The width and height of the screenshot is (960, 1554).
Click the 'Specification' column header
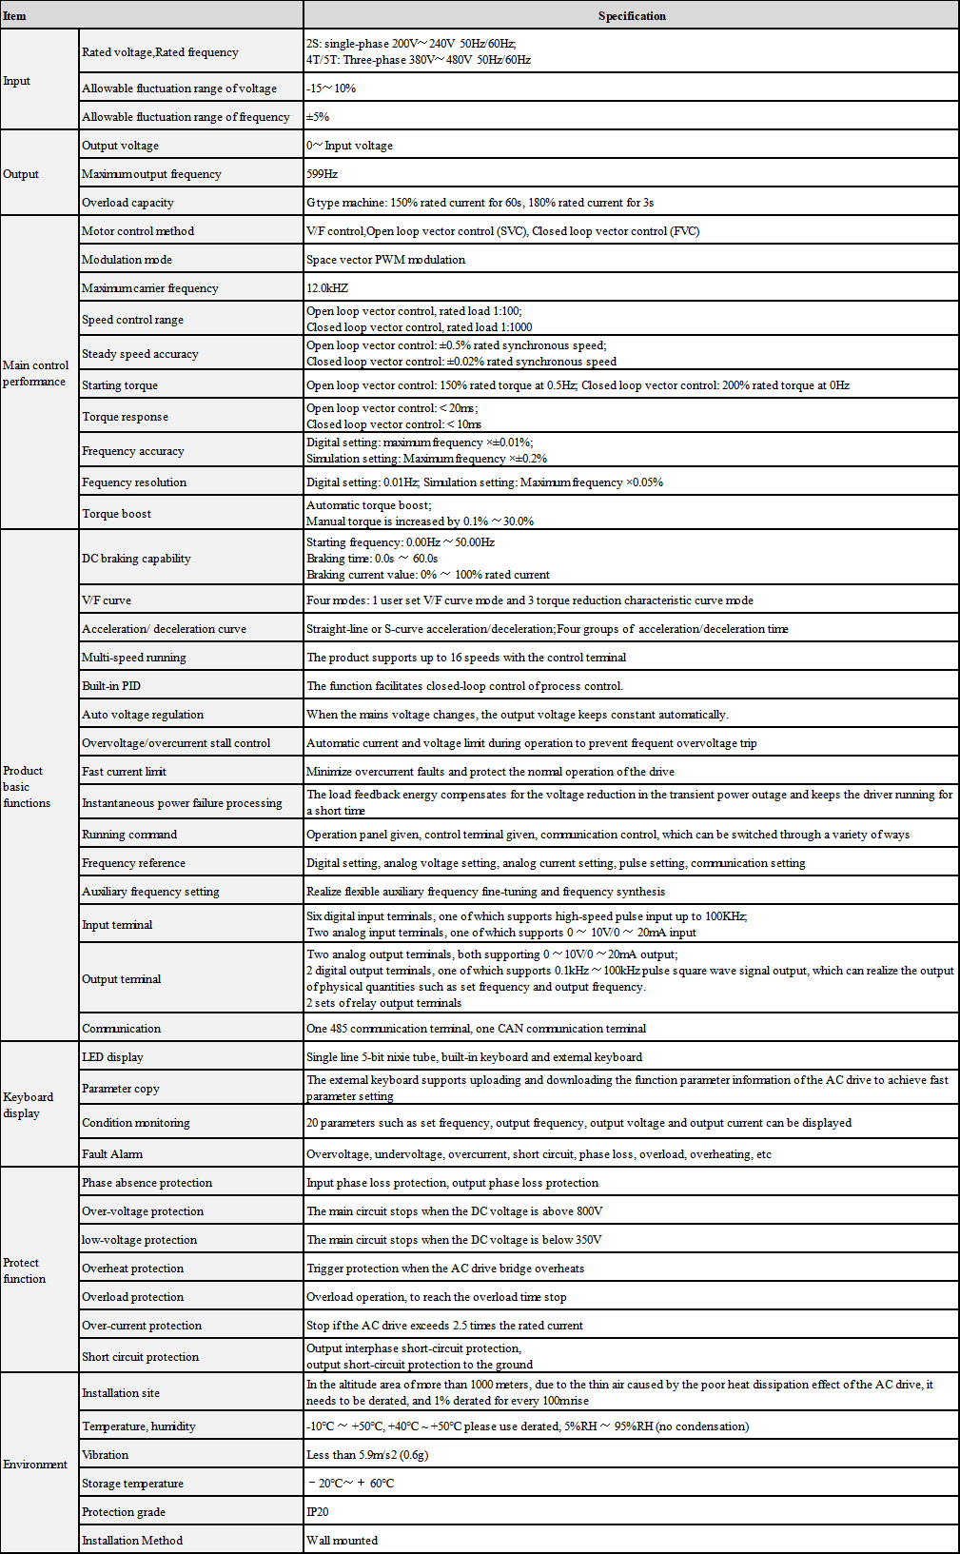click(x=632, y=16)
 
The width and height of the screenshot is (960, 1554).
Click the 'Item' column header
click(x=15, y=16)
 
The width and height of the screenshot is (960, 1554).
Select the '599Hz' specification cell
click(x=323, y=174)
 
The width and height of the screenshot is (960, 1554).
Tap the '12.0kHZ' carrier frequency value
click(x=327, y=288)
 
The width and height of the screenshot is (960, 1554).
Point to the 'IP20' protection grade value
click(x=318, y=1512)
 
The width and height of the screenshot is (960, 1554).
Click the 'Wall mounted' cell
click(x=343, y=1541)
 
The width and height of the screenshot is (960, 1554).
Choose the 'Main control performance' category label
click(x=35, y=373)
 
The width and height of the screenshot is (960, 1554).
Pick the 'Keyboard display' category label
click(x=29, y=1105)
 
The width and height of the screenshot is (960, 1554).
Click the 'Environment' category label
click(x=35, y=1465)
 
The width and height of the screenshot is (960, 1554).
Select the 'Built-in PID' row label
click(x=111, y=686)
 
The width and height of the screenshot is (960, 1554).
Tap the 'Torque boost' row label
click(x=117, y=514)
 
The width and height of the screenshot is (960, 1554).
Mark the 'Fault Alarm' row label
click(x=112, y=1154)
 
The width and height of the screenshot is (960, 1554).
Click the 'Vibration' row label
click(x=106, y=1455)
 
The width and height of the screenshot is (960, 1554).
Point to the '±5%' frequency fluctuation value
click(x=318, y=117)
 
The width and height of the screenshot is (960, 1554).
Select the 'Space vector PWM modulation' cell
click(x=386, y=260)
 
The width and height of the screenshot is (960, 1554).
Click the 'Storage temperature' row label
click(x=133, y=1484)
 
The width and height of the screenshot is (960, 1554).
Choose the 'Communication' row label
click(x=122, y=1029)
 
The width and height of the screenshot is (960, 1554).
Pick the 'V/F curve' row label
click(x=107, y=600)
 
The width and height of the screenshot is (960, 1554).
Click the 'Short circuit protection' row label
click(x=141, y=1357)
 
